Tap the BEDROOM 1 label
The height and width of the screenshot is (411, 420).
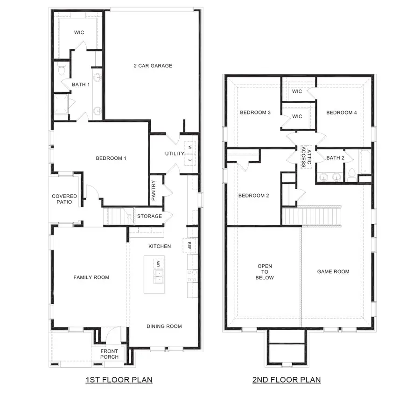click(111, 158)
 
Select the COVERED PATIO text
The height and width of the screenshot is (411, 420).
click(64, 199)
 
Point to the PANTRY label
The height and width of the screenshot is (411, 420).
click(154, 191)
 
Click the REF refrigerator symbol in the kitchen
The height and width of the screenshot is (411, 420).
click(190, 245)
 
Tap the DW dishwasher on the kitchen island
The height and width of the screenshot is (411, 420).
click(159, 264)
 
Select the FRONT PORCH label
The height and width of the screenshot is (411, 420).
click(109, 354)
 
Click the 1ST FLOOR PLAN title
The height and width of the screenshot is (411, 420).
click(119, 380)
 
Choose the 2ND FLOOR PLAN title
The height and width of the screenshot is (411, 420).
click(286, 380)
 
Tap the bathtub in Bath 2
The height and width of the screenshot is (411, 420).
click(364, 162)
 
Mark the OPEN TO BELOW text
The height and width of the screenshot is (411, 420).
click(265, 272)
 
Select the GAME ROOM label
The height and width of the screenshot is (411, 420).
click(333, 271)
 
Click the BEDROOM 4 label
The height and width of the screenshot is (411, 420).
click(342, 113)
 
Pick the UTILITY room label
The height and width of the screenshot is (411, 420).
click(174, 154)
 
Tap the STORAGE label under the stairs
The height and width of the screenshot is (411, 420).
click(149, 216)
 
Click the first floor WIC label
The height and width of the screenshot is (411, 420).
click(78, 33)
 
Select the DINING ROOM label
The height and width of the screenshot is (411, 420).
click(164, 326)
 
